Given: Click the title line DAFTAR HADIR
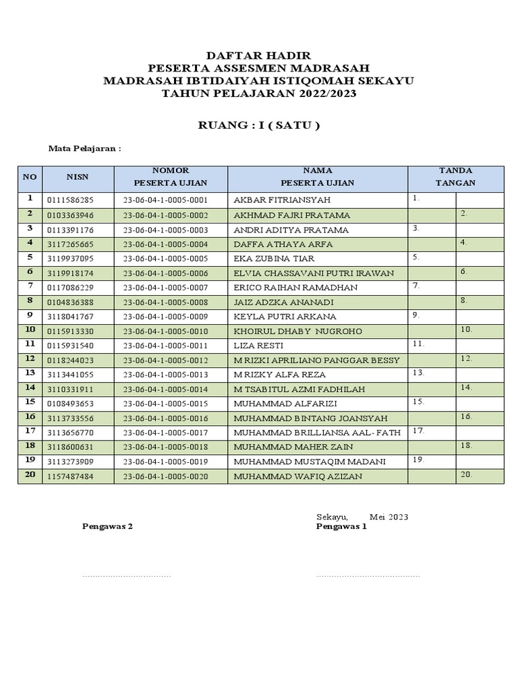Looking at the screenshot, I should click(x=258, y=56).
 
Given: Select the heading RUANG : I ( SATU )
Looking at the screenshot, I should click(x=258, y=125).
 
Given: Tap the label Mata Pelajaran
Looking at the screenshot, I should click(x=84, y=149).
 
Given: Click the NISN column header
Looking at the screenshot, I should click(x=77, y=177).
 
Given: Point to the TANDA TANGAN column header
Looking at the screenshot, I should click(x=455, y=177).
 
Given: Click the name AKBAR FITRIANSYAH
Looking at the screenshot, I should click(x=282, y=200).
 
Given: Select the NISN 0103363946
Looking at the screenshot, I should click(x=71, y=215).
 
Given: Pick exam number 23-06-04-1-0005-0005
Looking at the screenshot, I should click(x=165, y=258).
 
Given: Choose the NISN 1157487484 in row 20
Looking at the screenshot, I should click(x=71, y=476).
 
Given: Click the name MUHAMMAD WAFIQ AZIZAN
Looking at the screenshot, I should click(x=297, y=476).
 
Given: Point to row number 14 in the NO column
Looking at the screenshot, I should click(x=30, y=387).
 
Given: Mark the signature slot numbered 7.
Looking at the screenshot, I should click(x=432, y=287).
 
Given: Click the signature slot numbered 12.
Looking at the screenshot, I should click(x=480, y=359).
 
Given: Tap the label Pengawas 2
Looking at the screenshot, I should click(x=107, y=527).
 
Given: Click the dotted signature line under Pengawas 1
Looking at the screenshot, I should click(x=368, y=576).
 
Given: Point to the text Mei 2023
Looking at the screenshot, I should click(x=388, y=517).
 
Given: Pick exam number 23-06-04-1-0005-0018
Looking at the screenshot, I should click(x=165, y=447).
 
